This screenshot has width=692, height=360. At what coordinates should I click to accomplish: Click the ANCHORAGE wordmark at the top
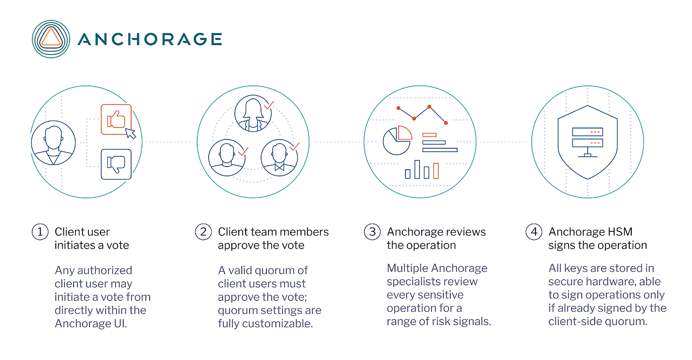[x=149, y=39]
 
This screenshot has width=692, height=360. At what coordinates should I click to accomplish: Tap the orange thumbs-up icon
[x=116, y=119]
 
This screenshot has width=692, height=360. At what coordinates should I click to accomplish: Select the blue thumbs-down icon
[x=116, y=164]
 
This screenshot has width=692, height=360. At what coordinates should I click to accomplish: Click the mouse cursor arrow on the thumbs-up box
[x=130, y=133]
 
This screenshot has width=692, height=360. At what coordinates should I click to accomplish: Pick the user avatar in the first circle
[x=53, y=143]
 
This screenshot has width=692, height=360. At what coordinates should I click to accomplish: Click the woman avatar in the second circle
[x=254, y=114]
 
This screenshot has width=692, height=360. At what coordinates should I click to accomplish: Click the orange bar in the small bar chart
[x=435, y=171]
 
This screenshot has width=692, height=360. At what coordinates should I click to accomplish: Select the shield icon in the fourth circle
[x=587, y=141]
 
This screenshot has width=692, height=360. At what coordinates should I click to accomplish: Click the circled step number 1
[x=40, y=232]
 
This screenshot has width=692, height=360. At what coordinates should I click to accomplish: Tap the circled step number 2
[x=203, y=232]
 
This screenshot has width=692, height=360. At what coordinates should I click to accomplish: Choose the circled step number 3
[x=372, y=232]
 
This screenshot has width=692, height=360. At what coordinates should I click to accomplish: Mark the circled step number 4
[x=533, y=232]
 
